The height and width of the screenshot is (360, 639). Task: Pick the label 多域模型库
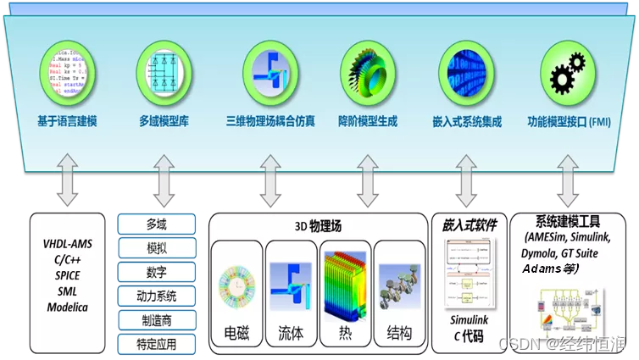(164, 121)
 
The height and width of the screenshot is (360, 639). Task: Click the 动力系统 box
(156, 296)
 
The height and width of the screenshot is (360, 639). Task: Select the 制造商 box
(156, 321)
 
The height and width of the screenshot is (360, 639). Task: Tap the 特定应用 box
(156, 344)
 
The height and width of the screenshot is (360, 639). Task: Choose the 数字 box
(156, 273)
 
